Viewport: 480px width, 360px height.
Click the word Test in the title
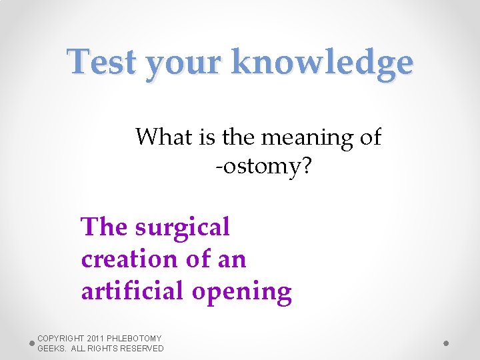(x=103, y=63)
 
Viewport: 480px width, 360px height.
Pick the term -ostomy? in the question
(x=263, y=167)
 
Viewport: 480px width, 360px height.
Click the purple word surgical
(x=182, y=228)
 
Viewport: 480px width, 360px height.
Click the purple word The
(x=104, y=227)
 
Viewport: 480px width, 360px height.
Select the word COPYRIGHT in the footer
(x=61, y=339)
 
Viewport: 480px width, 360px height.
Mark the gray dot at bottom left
(x=31, y=343)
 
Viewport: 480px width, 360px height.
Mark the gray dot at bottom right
(x=446, y=343)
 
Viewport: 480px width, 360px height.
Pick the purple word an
(x=233, y=259)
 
